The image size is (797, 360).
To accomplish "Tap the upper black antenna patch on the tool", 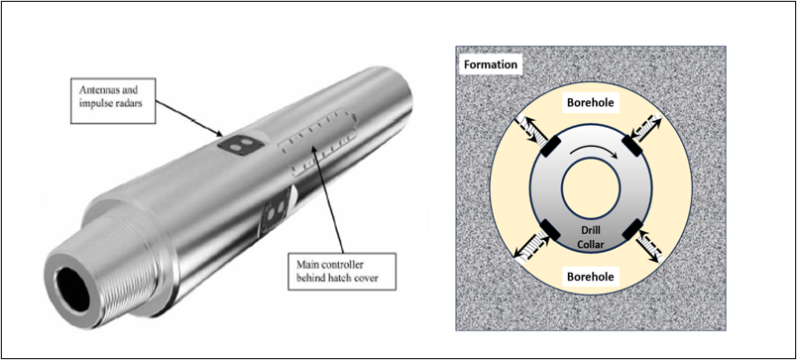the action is pos(241,144).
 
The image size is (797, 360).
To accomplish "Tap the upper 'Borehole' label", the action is pos(591,104).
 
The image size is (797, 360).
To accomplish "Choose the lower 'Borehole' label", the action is pos(591,277).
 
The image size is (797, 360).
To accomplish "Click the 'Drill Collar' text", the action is pos(591,236).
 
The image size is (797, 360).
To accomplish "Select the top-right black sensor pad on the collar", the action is pos(633,147).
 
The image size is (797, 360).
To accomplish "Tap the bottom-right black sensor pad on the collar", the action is pos(633,229).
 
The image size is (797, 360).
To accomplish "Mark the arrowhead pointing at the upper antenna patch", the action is pos(219,134).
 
